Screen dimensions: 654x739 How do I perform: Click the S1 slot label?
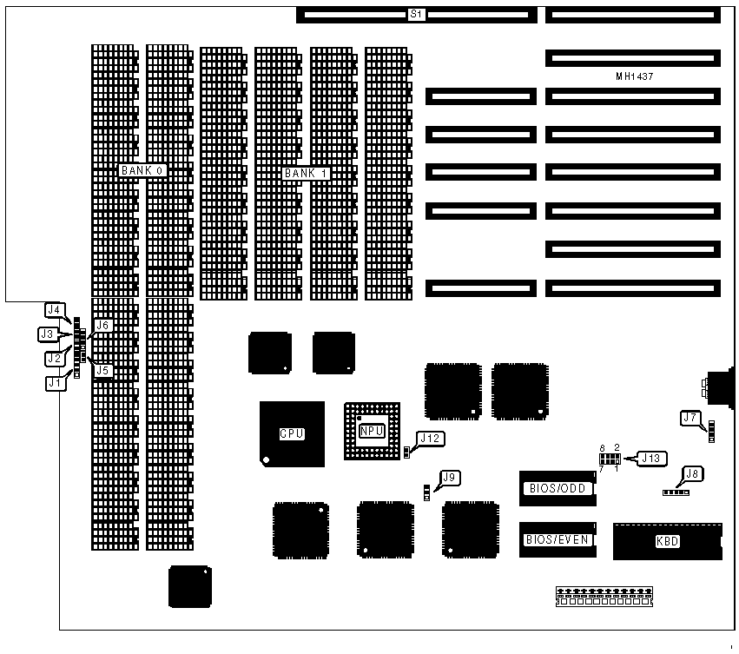pos(416,14)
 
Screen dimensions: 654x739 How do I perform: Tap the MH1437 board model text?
pos(634,76)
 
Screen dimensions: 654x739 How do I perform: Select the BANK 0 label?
pos(142,170)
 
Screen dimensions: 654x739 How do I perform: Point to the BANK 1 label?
pos(307,173)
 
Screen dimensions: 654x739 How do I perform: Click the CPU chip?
pos(292,433)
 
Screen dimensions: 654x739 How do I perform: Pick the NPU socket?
pos(372,430)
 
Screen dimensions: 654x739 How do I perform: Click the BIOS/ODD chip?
pos(558,488)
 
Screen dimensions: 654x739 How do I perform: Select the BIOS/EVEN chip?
pos(558,539)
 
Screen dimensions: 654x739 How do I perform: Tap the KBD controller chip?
pos(667,541)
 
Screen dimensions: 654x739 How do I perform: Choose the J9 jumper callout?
pos(449,477)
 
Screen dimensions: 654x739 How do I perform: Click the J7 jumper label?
pos(691,418)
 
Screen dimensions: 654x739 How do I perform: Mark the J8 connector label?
pos(692,474)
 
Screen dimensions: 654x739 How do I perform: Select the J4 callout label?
pos(54,309)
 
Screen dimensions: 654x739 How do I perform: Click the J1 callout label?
pos(54,381)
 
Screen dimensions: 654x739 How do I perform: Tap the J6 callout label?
pos(103,325)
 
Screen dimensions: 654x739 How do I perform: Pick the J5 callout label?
pos(103,370)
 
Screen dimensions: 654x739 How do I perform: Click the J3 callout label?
pos(47,334)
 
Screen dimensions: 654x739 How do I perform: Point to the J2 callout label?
pos(54,357)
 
